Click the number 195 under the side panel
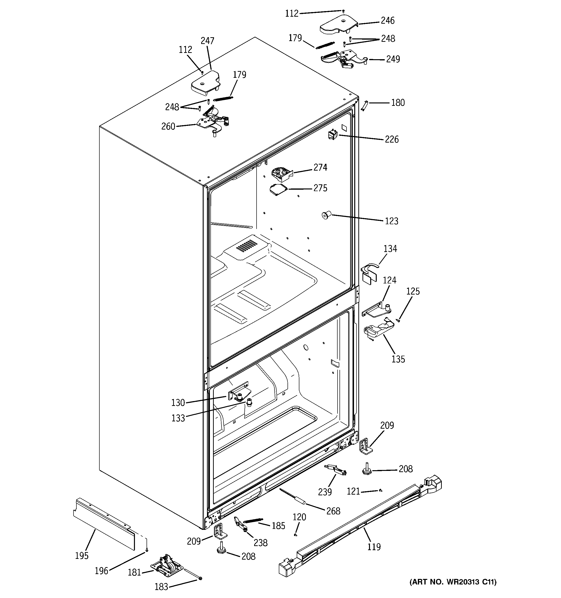point(81,555)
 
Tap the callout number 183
point(161,587)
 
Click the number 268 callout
point(333,511)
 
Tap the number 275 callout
point(320,188)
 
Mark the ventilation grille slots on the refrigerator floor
point(247,246)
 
